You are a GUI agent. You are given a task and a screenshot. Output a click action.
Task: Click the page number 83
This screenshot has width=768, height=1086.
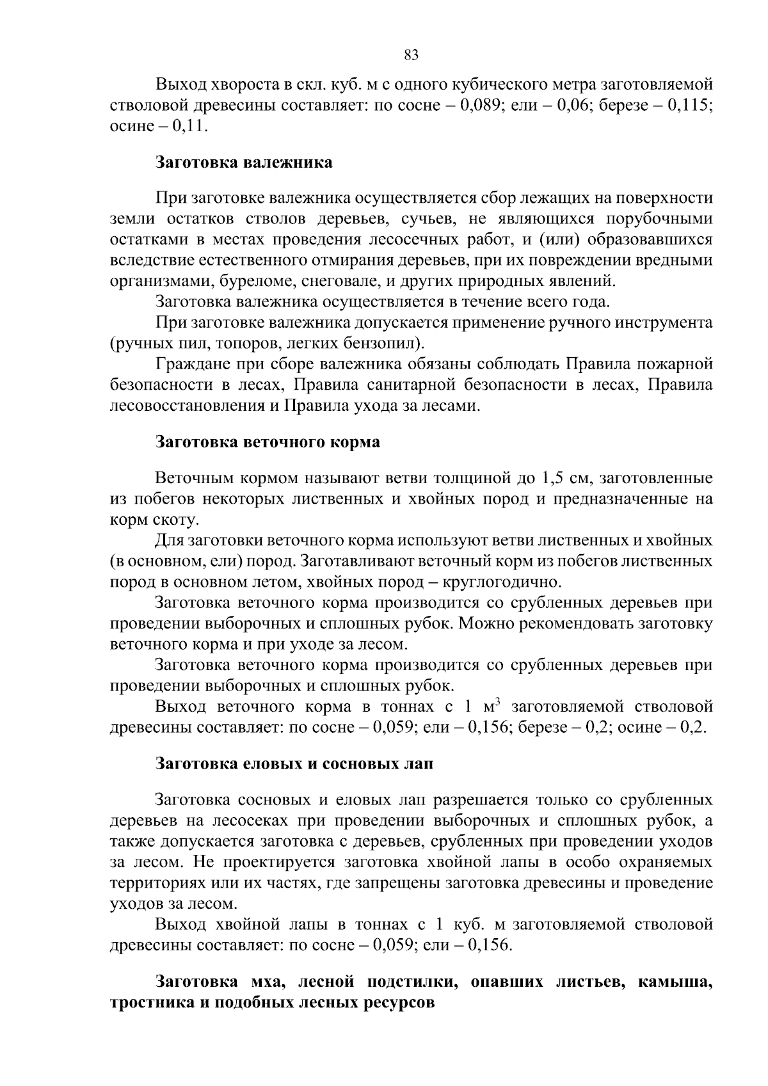[x=412, y=55]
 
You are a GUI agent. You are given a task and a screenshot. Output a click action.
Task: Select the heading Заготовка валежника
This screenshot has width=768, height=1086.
[x=244, y=163]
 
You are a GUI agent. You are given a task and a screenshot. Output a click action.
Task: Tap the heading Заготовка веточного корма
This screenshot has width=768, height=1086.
[x=268, y=442]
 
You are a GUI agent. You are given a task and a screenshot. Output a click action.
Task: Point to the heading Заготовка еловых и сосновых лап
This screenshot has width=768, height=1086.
[x=294, y=764]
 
